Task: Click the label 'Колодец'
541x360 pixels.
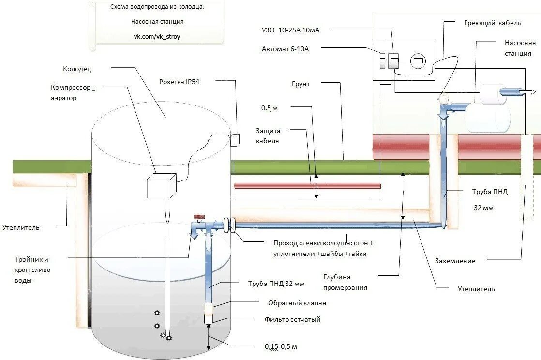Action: coord(77,69)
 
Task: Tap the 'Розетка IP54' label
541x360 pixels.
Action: coord(179,82)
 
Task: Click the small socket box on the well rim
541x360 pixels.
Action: coord(235,140)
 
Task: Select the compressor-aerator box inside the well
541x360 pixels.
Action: coord(160,186)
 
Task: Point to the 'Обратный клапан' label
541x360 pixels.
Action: coord(297,303)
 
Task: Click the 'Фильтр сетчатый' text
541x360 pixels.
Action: coord(292,319)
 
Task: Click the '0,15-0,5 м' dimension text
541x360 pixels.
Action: coord(281,346)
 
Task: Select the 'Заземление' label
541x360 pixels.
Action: coord(454,261)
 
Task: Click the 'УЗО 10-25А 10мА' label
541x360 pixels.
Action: coord(290,30)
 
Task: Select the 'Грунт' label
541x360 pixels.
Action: coord(301,84)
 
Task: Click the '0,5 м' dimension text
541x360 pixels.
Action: coord(270,108)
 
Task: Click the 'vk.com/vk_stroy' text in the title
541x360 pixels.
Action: coord(157,36)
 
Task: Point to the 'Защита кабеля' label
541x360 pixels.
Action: coord(268,135)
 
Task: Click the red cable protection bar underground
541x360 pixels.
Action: coord(307,186)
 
